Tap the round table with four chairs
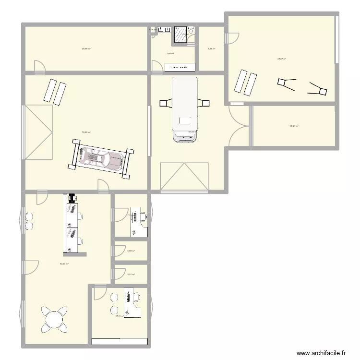coord(54,320)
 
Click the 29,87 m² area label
coord(281,59)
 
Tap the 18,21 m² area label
coord(294,126)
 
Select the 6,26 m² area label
coord(211,48)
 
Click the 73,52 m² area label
coord(86,132)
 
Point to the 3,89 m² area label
coord(131,251)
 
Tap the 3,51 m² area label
coord(131,274)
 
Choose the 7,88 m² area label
coord(170,53)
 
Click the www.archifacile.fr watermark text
coord(321,353)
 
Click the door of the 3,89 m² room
coord(118,251)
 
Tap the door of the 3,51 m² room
coord(118,274)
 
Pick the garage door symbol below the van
coord(184,177)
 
